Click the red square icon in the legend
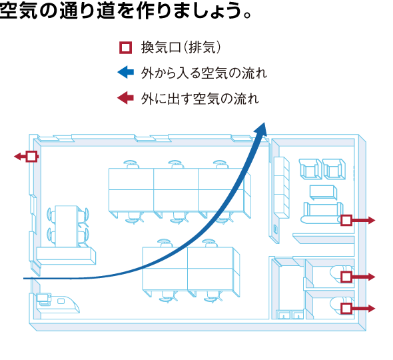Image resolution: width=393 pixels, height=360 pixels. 125,47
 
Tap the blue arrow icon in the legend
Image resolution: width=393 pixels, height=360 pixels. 126,72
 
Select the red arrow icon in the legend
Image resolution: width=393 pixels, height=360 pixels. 126,97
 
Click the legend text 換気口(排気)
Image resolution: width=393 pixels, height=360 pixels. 181,47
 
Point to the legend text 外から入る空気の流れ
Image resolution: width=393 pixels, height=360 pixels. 204,73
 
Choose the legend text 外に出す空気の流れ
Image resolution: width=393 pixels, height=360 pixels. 200,98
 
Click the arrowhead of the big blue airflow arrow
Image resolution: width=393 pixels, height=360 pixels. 260,129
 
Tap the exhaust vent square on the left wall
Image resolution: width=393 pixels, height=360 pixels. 31,157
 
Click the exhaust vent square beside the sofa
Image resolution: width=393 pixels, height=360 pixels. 346,221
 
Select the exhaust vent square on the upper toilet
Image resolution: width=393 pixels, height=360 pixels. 346,277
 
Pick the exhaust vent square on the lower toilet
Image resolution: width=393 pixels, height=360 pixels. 346,308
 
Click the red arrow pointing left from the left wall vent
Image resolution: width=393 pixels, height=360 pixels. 20,157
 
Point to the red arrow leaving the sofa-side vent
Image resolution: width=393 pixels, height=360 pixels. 364,221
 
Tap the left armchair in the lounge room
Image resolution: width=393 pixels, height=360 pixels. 310,169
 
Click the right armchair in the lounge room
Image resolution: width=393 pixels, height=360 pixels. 334,169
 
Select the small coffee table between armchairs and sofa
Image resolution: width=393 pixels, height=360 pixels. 323,193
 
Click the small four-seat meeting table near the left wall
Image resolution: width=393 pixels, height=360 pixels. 67,226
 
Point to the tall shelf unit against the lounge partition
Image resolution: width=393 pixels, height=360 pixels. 282,187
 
